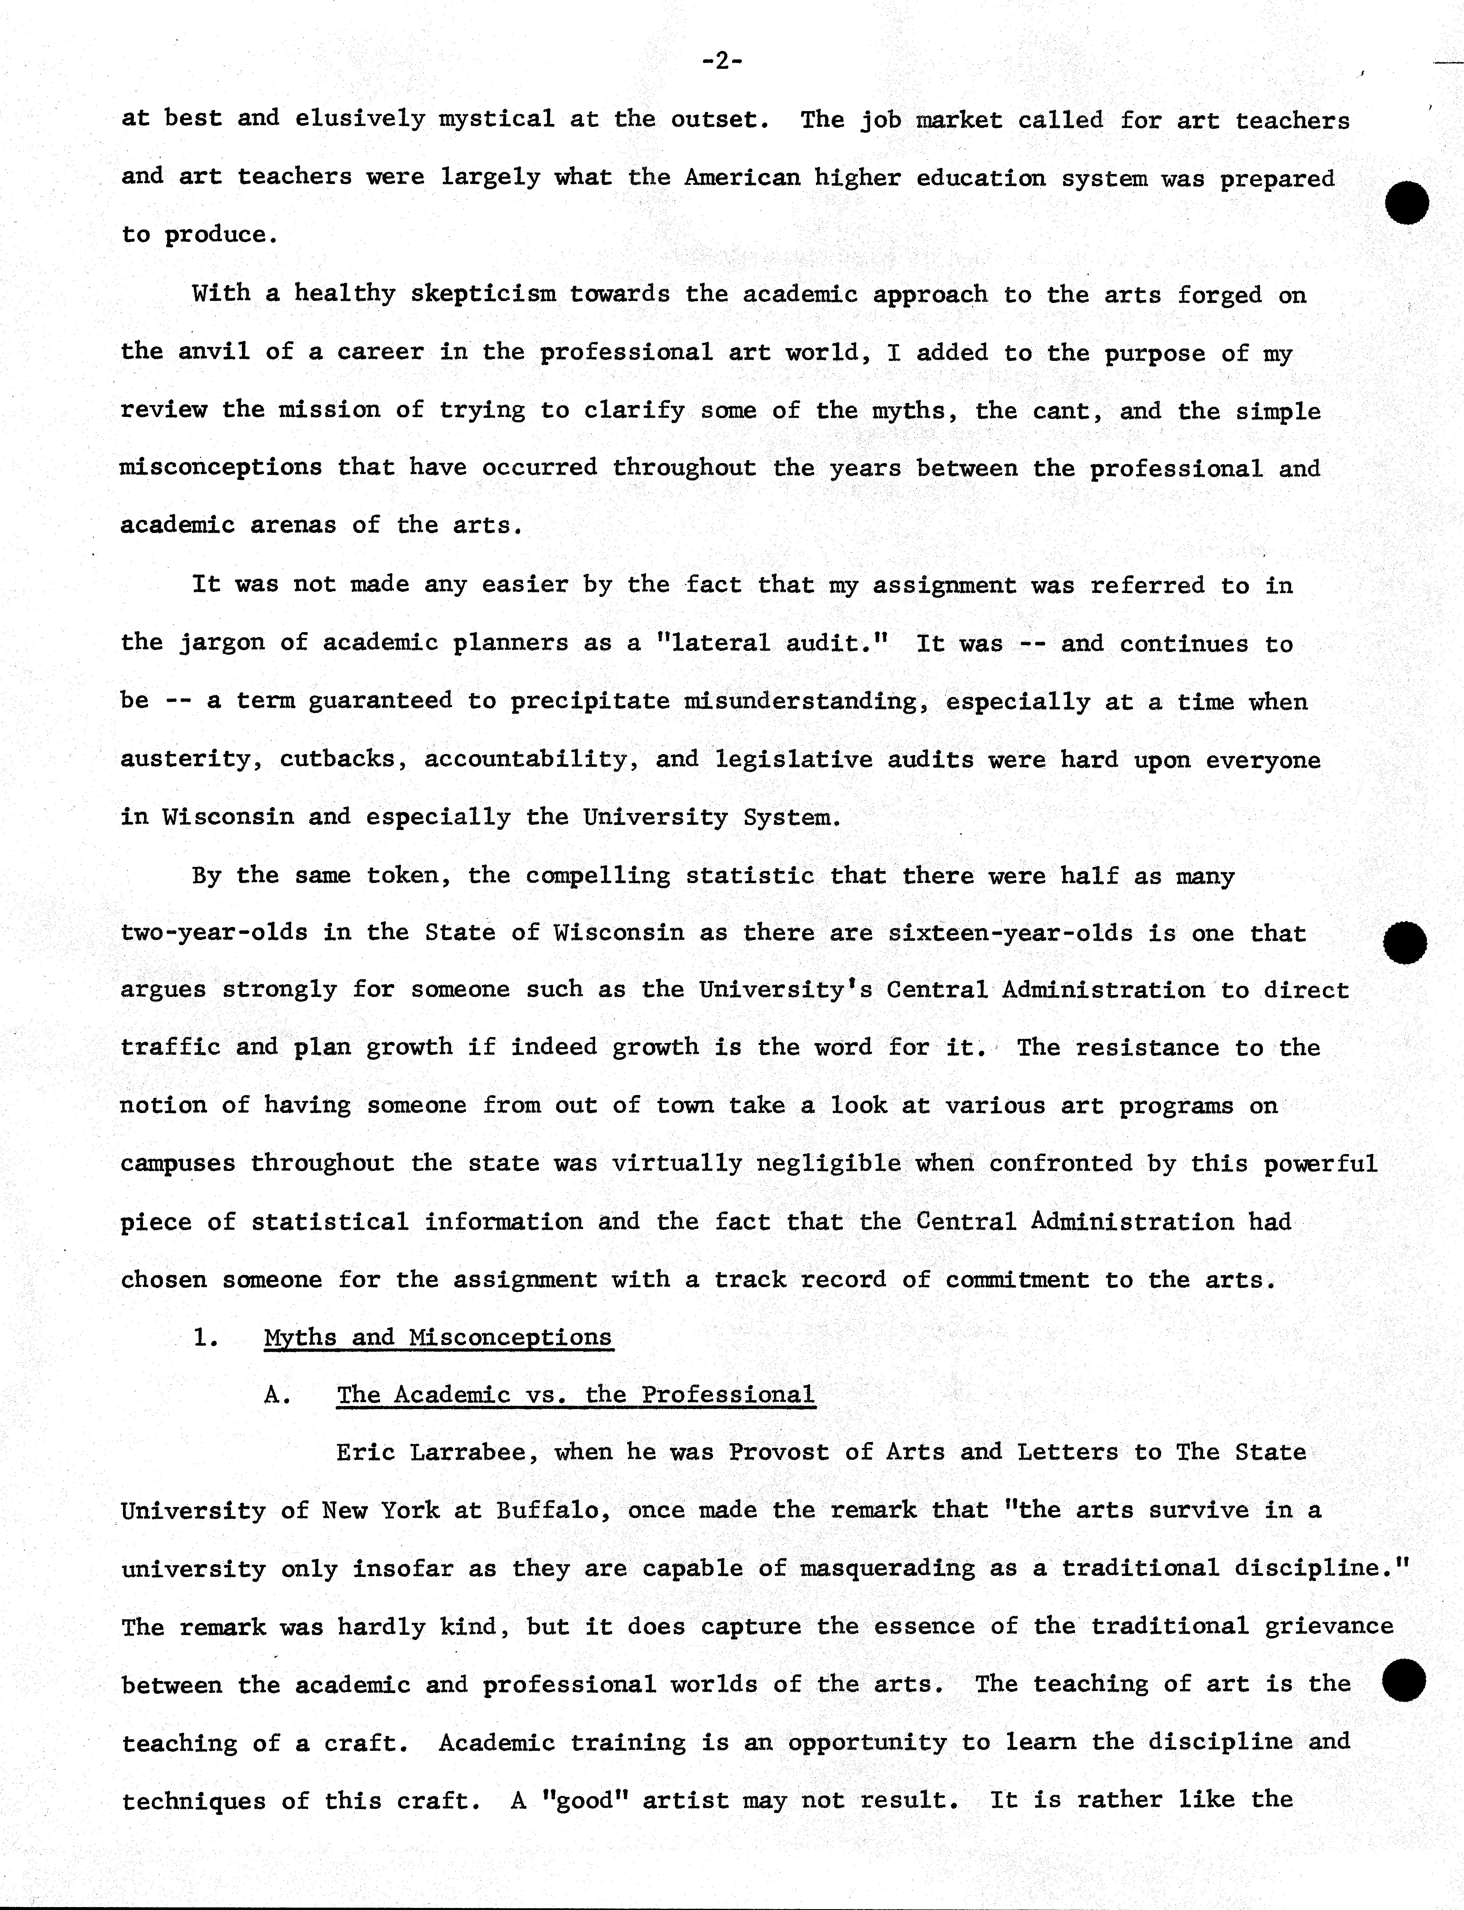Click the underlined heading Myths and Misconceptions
(x=438, y=1337)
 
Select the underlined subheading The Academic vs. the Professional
(x=576, y=1395)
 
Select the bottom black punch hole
(x=1404, y=1680)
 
